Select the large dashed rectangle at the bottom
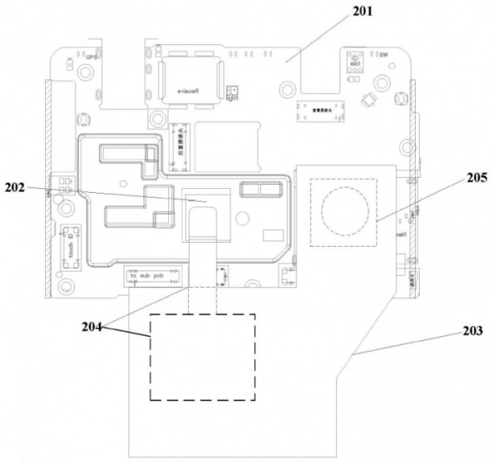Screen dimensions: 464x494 [x=202, y=356]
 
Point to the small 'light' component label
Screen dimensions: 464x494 [x=232, y=93]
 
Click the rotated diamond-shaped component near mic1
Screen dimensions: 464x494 [x=366, y=100]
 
